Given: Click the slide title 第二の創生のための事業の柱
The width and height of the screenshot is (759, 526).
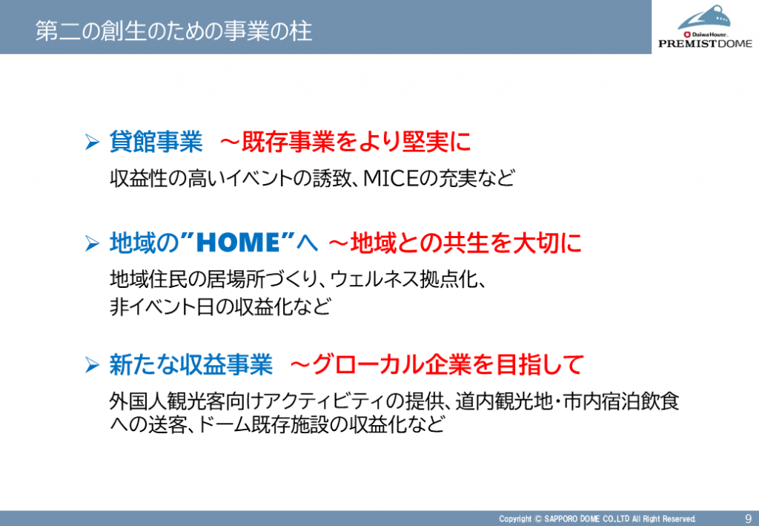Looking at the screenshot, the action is (x=173, y=31).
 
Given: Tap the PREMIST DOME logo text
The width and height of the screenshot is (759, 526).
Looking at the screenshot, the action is (x=706, y=44).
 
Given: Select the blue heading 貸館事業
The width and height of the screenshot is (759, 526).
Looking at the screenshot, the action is (x=156, y=142).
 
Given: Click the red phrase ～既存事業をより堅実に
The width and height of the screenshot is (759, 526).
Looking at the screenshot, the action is (x=345, y=142).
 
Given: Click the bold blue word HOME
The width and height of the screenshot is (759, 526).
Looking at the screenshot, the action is (x=239, y=243).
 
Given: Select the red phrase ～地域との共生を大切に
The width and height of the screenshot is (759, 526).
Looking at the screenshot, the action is (x=455, y=243).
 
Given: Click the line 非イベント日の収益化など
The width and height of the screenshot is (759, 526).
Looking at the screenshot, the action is (x=221, y=306).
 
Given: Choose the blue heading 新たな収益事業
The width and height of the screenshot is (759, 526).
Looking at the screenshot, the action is (x=190, y=365).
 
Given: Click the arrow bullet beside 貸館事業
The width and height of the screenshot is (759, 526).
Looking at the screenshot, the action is (x=92, y=142).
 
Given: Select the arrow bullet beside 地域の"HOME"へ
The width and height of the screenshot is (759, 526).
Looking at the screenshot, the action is (x=92, y=243).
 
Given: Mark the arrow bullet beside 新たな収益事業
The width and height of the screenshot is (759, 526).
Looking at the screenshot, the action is (x=92, y=365).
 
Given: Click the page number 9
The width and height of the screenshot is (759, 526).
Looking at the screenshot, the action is (x=748, y=519).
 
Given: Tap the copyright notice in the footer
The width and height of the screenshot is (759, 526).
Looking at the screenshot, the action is (x=597, y=519).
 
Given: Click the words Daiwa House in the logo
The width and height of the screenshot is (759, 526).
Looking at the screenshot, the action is (x=709, y=34).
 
